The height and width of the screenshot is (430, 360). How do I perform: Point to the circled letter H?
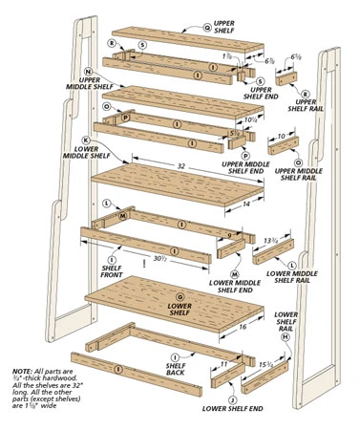tap(285, 337)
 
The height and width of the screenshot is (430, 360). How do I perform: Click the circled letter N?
tap(88, 72)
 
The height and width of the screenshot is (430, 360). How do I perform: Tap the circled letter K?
tap(85, 140)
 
